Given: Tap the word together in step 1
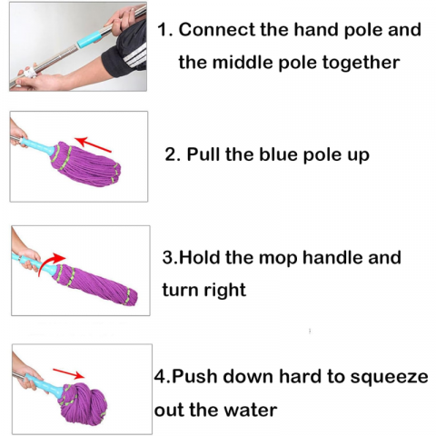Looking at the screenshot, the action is point(361,63).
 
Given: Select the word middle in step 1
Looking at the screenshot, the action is point(243,63).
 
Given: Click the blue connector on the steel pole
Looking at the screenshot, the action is point(89,39).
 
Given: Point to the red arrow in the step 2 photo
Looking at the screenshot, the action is point(93,144).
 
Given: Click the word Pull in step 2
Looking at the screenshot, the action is point(203,154).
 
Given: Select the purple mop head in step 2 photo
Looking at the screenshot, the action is point(85,163).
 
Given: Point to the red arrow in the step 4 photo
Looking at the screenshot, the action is point(69,373).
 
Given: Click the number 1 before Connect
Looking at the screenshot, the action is point(163,30).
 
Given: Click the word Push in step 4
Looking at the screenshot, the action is point(194,377).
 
